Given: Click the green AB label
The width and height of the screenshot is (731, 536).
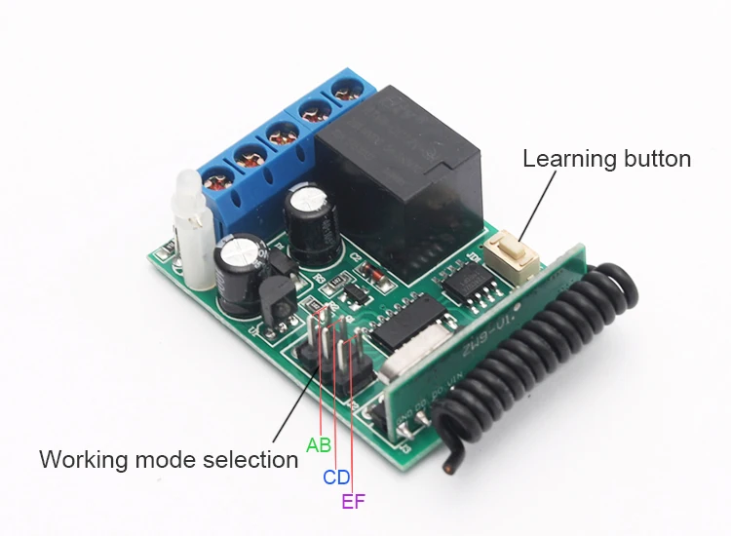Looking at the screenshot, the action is pyautogui.click(x=319, y=445).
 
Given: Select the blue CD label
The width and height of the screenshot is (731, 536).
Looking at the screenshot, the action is pyautogui.click(x=336, y=478).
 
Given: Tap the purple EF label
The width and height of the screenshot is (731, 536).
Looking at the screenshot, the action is pyautogui.click(x=354, y=503).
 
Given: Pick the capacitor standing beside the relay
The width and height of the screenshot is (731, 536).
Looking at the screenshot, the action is pyautogui.click(x=312, y=219).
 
